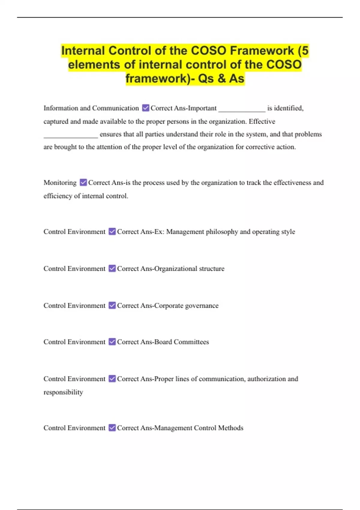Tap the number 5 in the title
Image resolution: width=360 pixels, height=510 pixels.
[x=305, y=51]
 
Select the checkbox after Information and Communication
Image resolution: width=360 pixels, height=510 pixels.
[x=145, y=108]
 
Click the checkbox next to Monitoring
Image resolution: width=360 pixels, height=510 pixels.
[x=83, y=182]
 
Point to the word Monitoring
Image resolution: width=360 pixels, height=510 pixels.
[x=60, y=183]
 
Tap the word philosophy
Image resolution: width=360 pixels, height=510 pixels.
[x=222, y=232]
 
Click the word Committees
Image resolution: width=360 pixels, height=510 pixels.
[x=191, y=342]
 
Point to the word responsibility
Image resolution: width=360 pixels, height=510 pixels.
[x=63, y=392]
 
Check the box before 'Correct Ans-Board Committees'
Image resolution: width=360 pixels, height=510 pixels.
[x=112, y=342]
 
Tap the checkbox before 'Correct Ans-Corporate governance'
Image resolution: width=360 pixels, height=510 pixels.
[x=112, y=305]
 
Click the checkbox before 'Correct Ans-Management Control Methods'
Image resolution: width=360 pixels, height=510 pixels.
[x=112, y=427]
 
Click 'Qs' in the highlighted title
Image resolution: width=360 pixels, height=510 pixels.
[x=206, y=79]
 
